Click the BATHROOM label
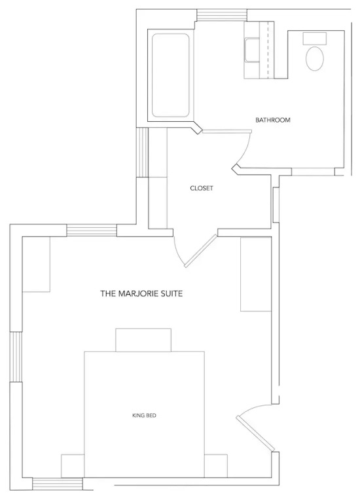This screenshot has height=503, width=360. [x=273, y=120]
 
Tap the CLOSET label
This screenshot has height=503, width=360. [x=202, y=189]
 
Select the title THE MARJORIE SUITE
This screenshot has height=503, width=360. [x=141, y=293]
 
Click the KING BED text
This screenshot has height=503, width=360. [x=144, y=415]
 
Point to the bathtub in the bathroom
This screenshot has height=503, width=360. [x=170, y=75]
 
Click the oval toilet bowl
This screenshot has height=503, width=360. [x=314, y=59]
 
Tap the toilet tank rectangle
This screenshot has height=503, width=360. [x=314, y=38]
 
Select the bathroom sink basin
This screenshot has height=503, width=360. [x=252, y=50]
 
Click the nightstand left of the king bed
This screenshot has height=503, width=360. [x=73, y=466]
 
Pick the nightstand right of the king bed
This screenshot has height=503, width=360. [x=216, y=466]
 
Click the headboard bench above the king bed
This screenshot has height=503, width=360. [x=143, y=340]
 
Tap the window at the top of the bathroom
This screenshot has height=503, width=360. [x=222, y=14]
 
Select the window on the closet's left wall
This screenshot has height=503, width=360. [x=142, y=152]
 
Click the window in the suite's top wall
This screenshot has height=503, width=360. [x=92, y=231]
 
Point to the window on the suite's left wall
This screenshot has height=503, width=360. [x=16, y=356]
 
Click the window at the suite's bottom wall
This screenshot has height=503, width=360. [x=58, y=484]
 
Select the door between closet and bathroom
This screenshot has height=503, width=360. [x=227, y=132]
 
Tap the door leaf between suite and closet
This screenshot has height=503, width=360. [x=201, y=251]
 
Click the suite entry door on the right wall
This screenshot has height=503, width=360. [x=255, y=434]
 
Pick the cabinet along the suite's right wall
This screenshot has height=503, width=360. [x=256, y=274]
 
